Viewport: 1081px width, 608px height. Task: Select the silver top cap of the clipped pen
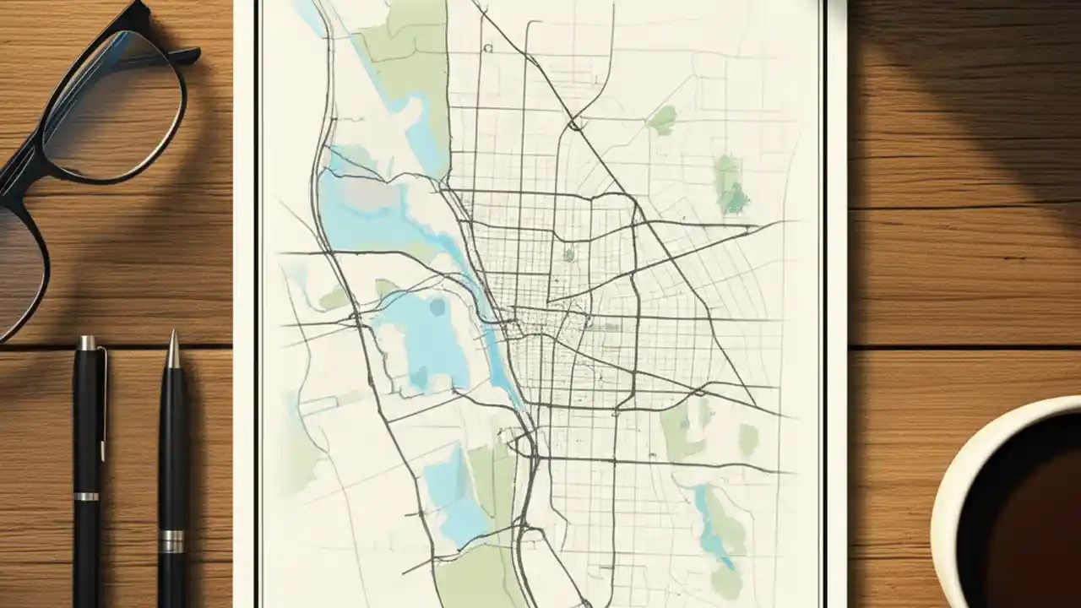85,343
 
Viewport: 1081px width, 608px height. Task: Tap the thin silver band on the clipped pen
85,496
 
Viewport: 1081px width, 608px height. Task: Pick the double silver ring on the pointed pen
171,540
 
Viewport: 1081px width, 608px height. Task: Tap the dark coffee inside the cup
1030,524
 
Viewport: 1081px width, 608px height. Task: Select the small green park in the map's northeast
663,119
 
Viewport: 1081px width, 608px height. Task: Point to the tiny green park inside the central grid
569,252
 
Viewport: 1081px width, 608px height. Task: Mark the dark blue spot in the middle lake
437,307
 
